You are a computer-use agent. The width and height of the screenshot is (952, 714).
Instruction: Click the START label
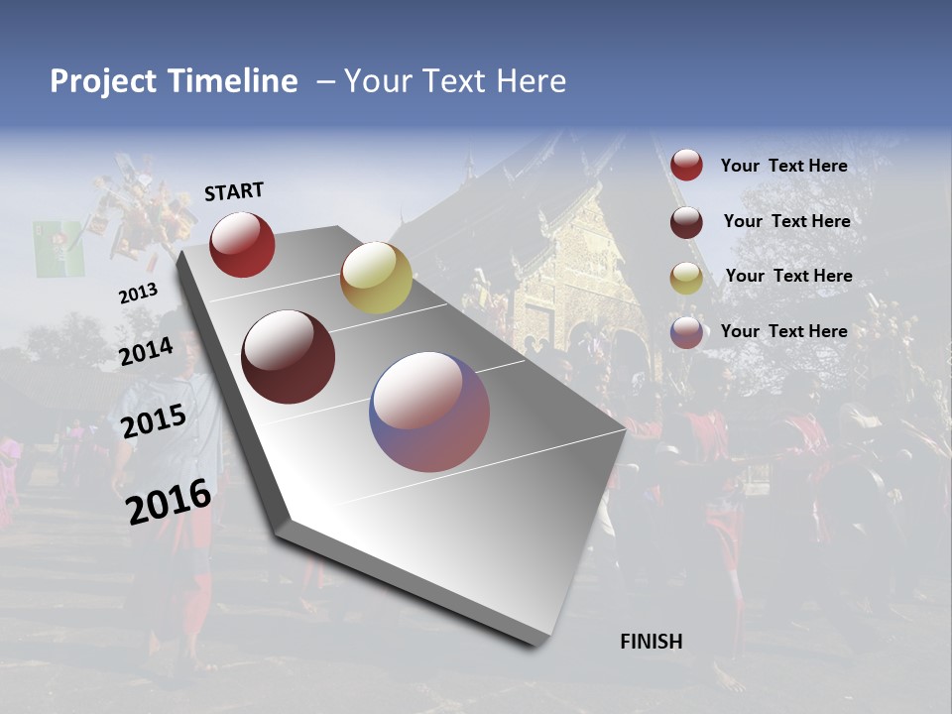tap(234, 191)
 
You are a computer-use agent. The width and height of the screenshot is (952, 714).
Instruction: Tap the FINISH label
tap(652, 642)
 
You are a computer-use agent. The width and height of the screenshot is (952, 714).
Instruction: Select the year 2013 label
tap(138, 294)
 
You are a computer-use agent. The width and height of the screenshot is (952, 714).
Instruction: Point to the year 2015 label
tap(154, 421)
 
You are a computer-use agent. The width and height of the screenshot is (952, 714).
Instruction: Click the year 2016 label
tap(169, 501)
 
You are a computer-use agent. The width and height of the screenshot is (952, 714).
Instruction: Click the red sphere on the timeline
tap(242, 244)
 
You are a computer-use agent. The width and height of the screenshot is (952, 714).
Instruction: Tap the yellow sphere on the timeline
tap(376, 278)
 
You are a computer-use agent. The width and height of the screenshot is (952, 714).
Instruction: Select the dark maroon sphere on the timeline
tap(288, 357)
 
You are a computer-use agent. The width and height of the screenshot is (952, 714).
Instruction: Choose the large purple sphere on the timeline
tap(429, 412)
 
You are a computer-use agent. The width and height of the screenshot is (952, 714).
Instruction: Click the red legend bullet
tap(686, 166)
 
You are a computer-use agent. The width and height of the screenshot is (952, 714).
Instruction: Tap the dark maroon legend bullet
tap(686, 222)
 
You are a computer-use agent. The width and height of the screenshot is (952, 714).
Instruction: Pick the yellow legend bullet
tap(686, 277)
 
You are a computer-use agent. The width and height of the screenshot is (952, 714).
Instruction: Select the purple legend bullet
tap(686, 332)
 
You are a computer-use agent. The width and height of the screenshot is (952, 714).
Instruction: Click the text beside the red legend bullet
tap(783, 166)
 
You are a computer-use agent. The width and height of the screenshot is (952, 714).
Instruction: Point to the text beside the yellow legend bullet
tap(788, 276)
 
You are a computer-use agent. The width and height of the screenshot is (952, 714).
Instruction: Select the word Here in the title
tap(531, 81)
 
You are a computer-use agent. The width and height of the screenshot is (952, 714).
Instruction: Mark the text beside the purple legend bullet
tap(783, 331)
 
